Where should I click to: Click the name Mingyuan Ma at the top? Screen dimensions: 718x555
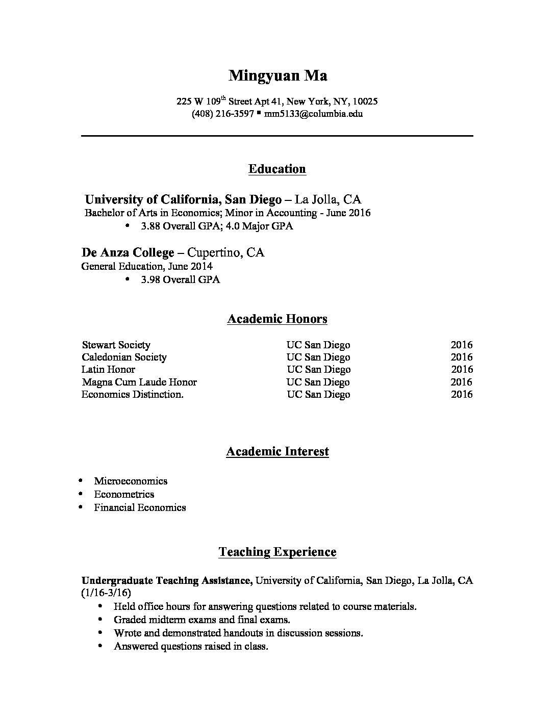click(x=277, y=76)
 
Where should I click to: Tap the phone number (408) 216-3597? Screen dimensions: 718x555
click(x=222, y=114)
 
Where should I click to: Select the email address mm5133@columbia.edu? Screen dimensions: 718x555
click(x=313, y=114)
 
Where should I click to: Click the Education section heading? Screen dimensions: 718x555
click(x=277, y=169)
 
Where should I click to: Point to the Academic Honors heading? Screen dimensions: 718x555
click(x=277, y=319)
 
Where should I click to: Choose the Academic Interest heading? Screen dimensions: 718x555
click(x=277, y=451)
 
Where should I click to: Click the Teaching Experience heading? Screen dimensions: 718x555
click(x=277, y=552)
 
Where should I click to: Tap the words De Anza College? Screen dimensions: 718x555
click(x=128, y=252)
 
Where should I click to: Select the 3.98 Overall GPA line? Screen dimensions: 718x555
click(x=181, y=279)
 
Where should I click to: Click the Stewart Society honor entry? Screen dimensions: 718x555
click(x=116, y=345)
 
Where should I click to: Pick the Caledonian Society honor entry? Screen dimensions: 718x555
click(x=124, y=357)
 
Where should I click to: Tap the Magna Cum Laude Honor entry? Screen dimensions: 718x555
click(x=139, y=382)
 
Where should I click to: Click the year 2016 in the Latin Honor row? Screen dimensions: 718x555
click(x=462, y=369)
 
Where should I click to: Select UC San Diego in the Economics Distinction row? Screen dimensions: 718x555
click(x=318, y=394)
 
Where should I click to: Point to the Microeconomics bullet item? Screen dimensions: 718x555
click(x=131, y=481)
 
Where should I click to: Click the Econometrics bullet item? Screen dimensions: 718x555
click(x=124, y=494)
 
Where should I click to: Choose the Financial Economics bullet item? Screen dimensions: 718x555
click(x=140, y=507)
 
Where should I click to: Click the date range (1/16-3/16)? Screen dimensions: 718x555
click(x=106, y=593)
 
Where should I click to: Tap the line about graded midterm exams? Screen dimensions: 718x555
click(x=202, y=620)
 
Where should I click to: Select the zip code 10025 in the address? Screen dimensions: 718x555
click(x=365, y=101)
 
